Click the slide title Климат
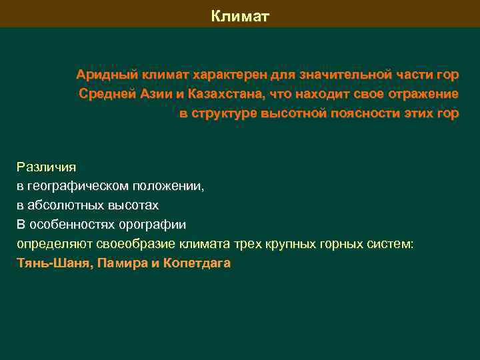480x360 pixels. (240, 15)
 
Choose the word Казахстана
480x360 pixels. (223, 93)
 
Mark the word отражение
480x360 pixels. (421, 93)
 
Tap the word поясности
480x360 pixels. (361, 113)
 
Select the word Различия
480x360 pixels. (46, 167)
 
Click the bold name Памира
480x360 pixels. (123, 263)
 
